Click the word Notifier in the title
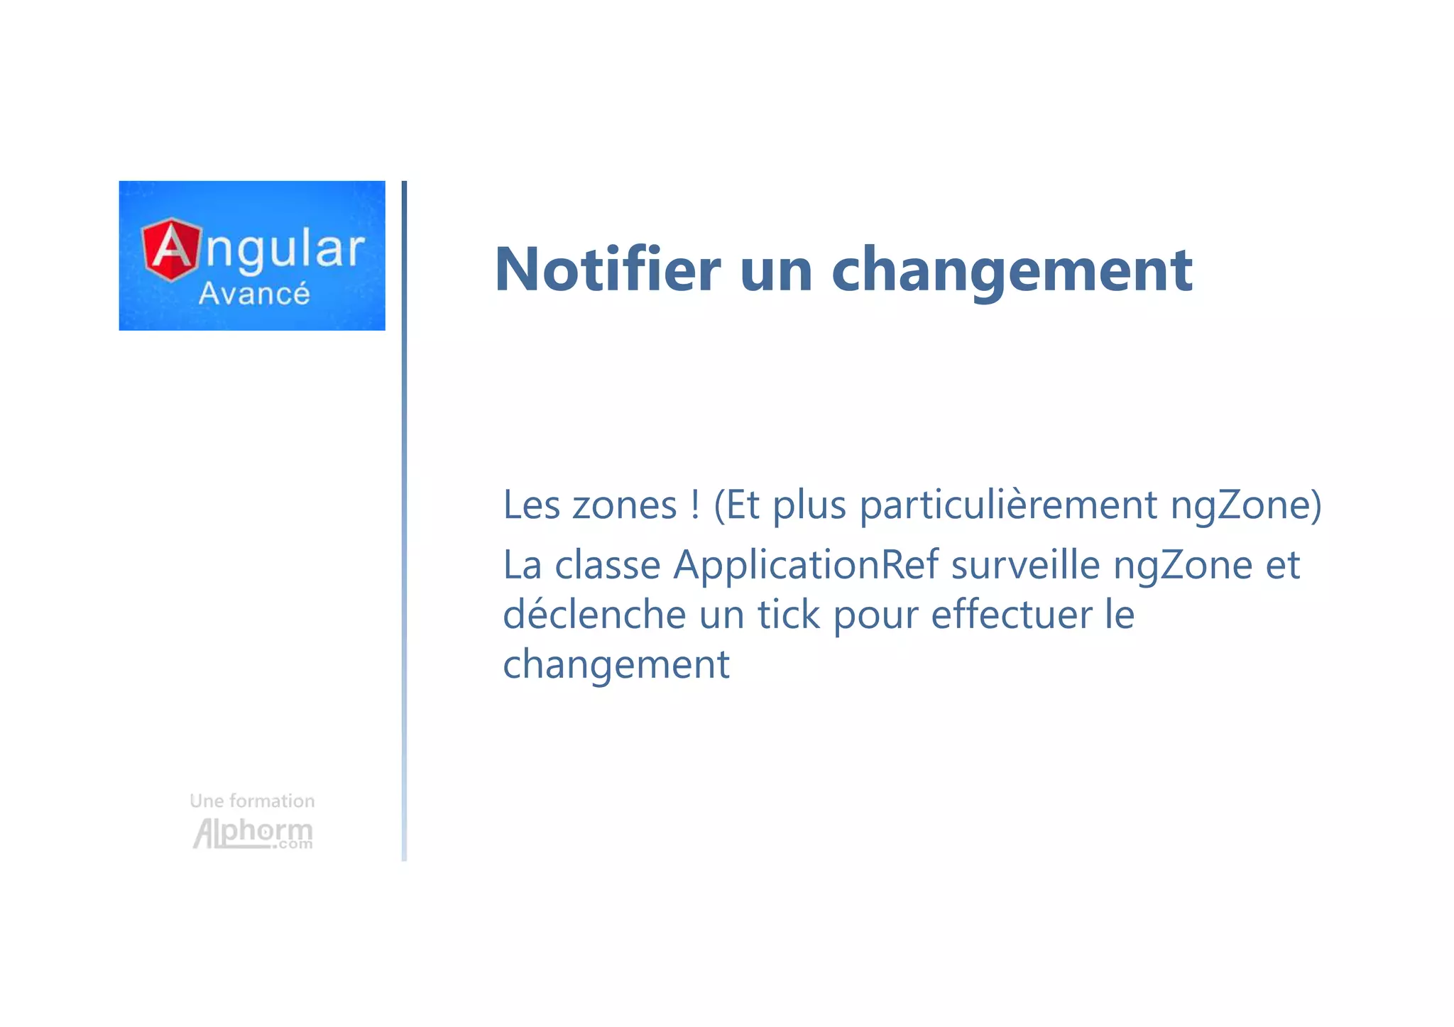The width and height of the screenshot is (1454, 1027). tap(607, 269)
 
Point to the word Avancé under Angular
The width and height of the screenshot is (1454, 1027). tap(254, 293)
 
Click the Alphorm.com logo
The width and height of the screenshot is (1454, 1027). tap(253, 833)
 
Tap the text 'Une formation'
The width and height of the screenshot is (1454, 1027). tap(252, 801)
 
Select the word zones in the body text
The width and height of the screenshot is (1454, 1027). tap(624, 506)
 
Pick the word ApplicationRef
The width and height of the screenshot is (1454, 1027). tap(806, 566)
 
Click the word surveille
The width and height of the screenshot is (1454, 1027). tap(1025, 566)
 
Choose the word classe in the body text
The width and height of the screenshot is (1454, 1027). tap(607, 566)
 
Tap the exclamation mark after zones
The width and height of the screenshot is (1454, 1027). tap(695, 505)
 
